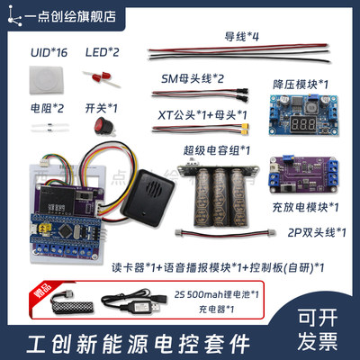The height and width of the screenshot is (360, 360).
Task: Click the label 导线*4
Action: tap(241, 37)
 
